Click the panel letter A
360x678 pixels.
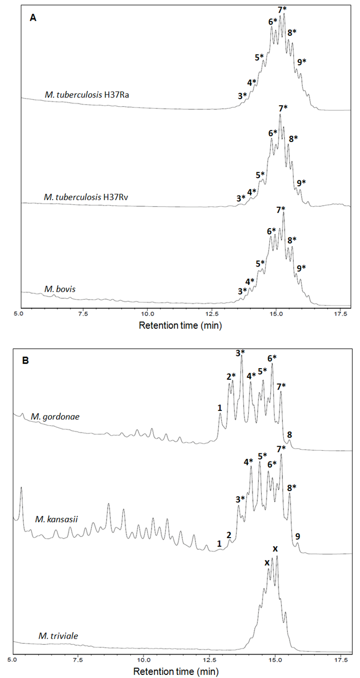pyautogui.click(x=33, y=17)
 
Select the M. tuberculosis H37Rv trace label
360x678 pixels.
pyautogui.click(x=85, y=197)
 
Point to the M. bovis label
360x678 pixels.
pyautogui.click(x=59, y=289)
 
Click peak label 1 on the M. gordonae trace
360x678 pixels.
pyautogui.click(x=220, y=408)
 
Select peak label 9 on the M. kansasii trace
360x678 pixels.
pyautogui.click(x=297, y=537)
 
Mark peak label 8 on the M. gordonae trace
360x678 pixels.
pyautogui.click(x=290, y=434)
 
